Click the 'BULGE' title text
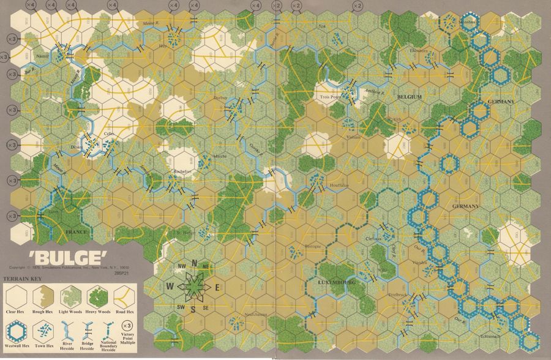point(53,255)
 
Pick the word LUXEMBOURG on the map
point(337,282)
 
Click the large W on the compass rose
point(170,285)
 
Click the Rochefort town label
point(182,172)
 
